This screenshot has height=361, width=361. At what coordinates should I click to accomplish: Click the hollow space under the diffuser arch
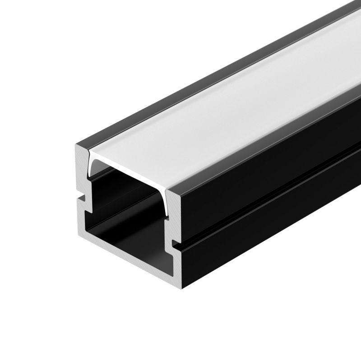tap(131, 199)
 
